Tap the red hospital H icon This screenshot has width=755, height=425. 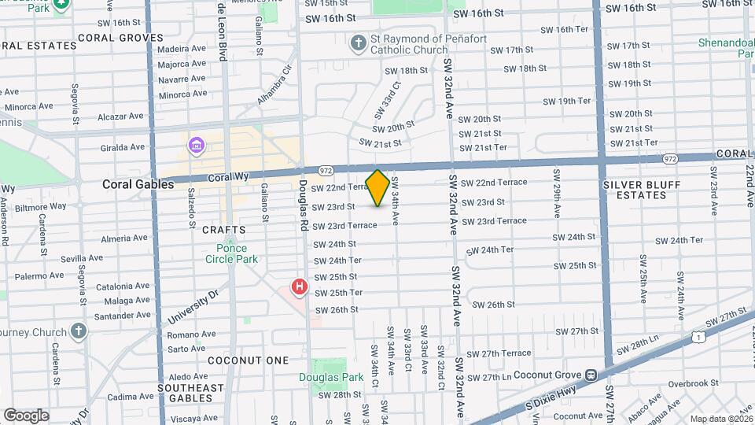299,287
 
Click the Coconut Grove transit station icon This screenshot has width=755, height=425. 589,375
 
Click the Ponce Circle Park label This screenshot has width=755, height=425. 231,253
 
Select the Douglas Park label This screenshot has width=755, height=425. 330,377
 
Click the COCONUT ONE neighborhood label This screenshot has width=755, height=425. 249,360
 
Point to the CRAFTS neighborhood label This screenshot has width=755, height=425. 224,231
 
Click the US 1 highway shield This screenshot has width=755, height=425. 698,336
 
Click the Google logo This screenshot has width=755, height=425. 26,415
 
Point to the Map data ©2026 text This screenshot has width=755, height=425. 721,419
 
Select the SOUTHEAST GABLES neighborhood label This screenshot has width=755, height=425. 186,393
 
